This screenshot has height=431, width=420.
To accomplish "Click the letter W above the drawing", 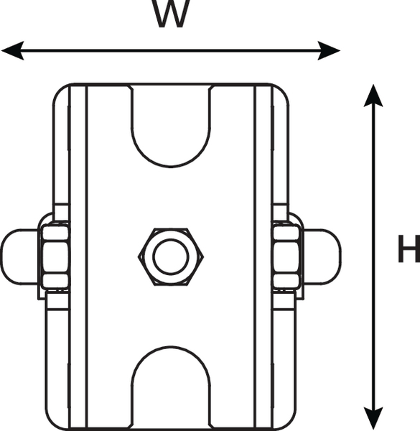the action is click(x=171, y=14).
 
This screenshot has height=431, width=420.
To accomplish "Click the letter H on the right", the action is click(x=409, y=249).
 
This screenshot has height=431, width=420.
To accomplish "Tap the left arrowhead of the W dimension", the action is click(x=13, y=50).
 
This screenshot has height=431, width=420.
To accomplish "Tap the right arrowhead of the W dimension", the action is click(x=329, y=50).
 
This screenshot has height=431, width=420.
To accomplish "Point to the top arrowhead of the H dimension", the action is click(x=373, y=96).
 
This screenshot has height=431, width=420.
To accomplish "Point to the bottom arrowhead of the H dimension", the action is click(x=373, y=418).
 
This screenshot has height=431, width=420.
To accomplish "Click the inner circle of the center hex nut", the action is click(x=171, y=256).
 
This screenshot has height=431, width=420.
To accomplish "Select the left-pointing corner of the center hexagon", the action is click(x=139, y=257).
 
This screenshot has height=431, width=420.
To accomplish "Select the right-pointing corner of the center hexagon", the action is click(x=203, y=257).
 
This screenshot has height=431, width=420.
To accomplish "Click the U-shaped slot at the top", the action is click(x=171, y=167).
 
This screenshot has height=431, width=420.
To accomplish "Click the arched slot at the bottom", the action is click(x=171, y=347).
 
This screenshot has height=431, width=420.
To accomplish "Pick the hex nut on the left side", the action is click(x=55, y=256).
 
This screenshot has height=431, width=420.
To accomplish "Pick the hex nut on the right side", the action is click(x=286, y=256).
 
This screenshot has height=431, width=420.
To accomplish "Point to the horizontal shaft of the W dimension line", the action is click(x=171, y=50).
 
